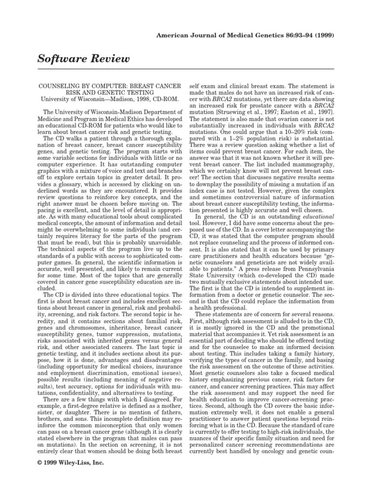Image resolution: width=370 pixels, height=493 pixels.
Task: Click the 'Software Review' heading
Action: coord(83,59)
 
